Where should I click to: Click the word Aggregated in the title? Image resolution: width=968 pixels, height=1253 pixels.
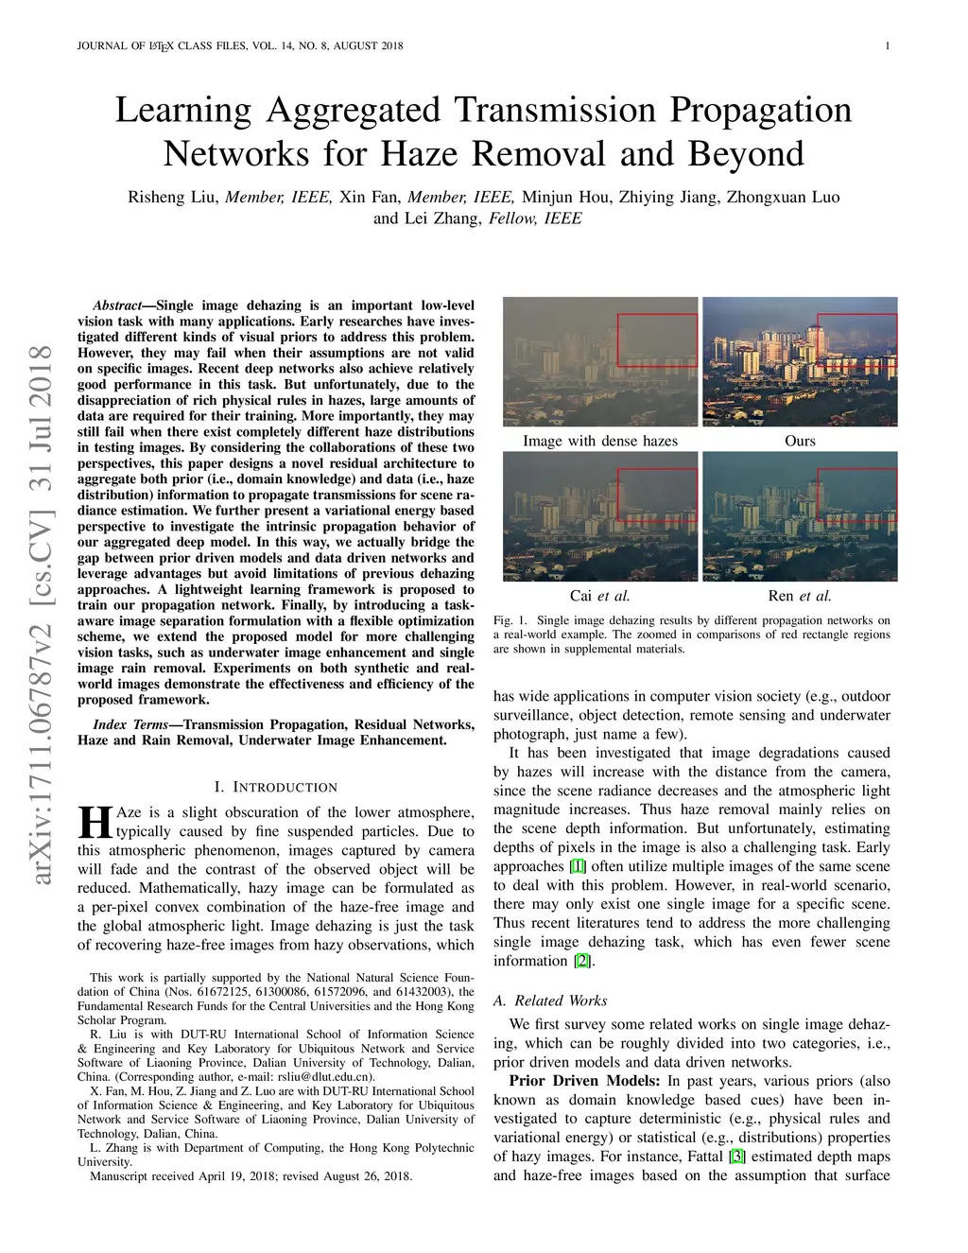[x=354, y=111]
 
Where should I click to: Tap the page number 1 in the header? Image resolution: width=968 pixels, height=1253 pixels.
[x=890, y=46]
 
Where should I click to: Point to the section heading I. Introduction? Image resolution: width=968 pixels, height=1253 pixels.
[x=275, y=787]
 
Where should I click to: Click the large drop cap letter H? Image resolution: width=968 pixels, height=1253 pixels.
[x=95, y=822]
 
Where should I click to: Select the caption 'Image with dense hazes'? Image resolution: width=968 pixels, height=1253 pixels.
[x=600, y=441]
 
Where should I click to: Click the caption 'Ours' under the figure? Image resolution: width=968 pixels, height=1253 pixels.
[x=800, y=441]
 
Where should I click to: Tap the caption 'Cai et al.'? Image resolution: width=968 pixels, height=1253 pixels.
[x=600, y=596]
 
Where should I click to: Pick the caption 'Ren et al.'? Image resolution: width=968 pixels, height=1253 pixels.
[x=800, y=596]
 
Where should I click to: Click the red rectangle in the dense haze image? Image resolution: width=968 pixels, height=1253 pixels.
[x=657, y=339]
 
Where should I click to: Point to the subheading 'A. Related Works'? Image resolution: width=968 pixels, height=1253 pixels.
[x=550, y=1001]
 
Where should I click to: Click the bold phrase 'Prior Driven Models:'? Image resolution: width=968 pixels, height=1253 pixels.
[x=585, y=1081]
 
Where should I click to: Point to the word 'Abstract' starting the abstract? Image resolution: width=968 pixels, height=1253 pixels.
[x=116, y=305]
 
